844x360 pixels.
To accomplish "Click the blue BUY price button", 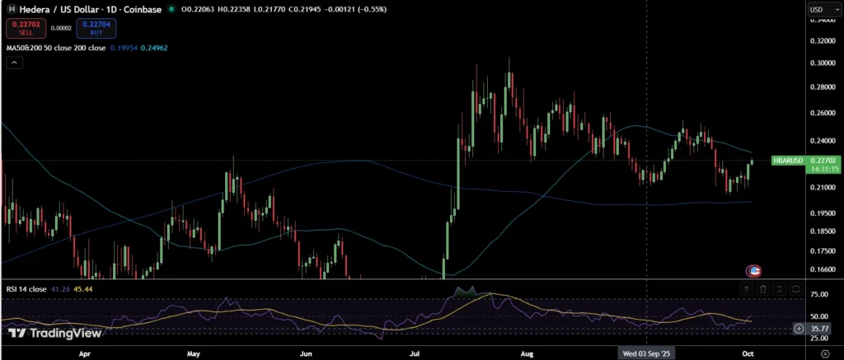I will pyautogui.click(x=96, y=28).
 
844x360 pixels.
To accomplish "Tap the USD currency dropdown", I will pyautogui.click(x=819, y=9).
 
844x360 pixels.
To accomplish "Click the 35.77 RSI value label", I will pyautogui.click(x=818, y=329).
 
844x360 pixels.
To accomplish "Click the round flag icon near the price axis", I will pyautogui.click(x=753, y=270).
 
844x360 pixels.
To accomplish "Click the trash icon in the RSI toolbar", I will pyautogui.click(x=763, y=289).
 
